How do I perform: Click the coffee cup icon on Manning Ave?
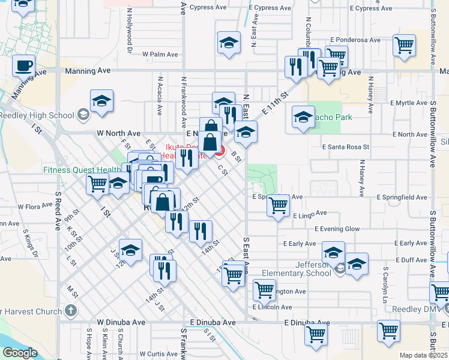point(23,65)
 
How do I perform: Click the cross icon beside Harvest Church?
point(71,311)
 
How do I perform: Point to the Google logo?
point(19,353)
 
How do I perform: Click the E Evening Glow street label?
point(337,229)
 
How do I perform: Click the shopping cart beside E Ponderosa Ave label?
point(405,44)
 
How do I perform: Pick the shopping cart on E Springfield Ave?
point(277,205)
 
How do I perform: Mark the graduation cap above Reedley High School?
point(102,101)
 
